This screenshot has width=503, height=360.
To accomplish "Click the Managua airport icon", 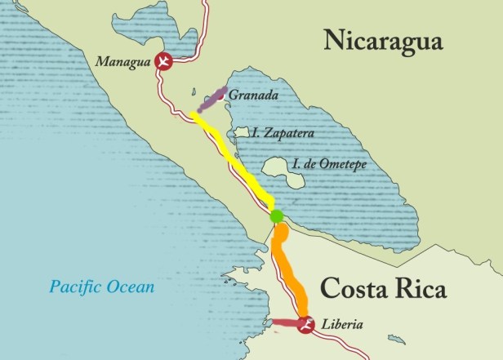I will click(165, 62).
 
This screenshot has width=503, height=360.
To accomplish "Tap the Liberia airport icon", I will click(305, 324).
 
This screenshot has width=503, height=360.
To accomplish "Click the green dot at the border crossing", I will click(276, 216).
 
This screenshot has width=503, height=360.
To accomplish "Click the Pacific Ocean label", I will click(101, 287).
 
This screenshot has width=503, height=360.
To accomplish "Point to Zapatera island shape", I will click(241, 132).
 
